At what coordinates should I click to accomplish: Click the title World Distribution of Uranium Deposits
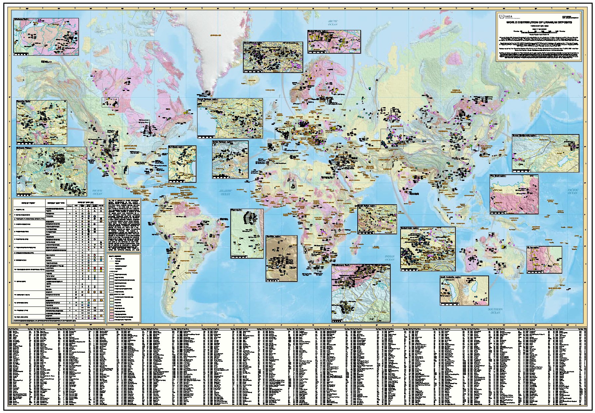(x=539, y=22)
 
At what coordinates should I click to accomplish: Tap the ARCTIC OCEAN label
(x=333, y=23)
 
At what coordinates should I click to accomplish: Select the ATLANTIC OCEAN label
(x=225, y=192)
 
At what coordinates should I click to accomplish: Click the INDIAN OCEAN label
(x=390, y=258)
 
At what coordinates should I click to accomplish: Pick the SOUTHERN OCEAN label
(x=495, y=311)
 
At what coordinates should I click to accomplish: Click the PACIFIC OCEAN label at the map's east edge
(x=572, y=191)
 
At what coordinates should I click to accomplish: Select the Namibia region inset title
(x=274, y=237)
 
